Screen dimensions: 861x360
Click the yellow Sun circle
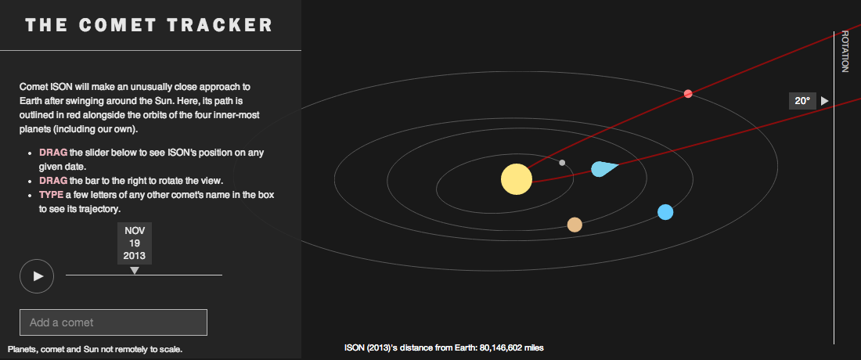click(517, 179)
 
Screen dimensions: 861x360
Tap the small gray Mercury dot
click(562, 163)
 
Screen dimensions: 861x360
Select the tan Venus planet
click(575, 225)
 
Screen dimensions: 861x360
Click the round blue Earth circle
click(665, 212)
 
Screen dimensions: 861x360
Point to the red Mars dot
click(688, 93)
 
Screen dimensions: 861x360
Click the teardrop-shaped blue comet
click(603, 168)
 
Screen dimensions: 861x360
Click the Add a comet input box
click(113, 322)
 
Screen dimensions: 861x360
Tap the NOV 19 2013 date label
click(135, 243)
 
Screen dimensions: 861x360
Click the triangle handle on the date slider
click(135, 271)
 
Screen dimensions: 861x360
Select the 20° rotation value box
click(802, 101)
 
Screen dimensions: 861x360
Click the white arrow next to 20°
click(824, 101)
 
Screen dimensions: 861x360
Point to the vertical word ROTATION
click(845, 52)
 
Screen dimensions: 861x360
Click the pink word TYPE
click(51, 195)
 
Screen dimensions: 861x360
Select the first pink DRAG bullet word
click(53, 152)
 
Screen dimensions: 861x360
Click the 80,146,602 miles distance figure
click(512, 347)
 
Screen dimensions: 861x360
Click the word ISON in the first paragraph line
click(56, 87)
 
